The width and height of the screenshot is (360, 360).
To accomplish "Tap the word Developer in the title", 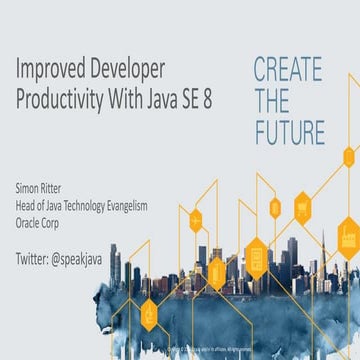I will point(125,71).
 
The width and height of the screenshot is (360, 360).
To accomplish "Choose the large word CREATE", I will point(288,70).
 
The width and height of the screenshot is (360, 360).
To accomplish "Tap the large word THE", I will point(271,101).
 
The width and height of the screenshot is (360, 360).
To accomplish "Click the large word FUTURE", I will point(288,132).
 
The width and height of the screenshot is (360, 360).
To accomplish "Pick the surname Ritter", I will point(61,188).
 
